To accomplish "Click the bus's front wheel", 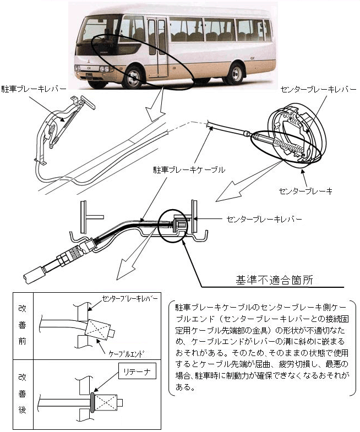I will point(133,77).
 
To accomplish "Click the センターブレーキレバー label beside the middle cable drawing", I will point(264,218).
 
